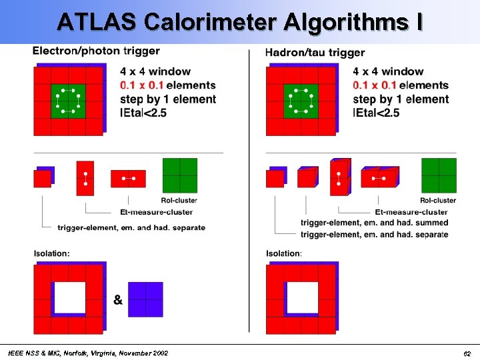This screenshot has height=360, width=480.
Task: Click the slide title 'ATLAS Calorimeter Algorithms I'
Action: [x=239, y=22]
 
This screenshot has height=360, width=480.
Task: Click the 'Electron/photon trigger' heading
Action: [x=96, y=51]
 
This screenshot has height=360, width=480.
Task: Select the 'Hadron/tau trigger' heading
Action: [x=315, y=52]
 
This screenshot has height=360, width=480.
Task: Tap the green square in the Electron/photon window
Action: [x=68, y=101]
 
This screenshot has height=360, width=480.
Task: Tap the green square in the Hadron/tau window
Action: [x=301, y=101]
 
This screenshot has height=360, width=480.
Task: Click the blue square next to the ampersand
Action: [x=146, y=299]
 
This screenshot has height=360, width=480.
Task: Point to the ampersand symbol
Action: [x=118, y=300]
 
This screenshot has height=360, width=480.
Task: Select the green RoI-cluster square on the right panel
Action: [x=439, y=175]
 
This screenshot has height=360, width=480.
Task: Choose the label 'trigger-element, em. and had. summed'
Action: [x=375, y=223]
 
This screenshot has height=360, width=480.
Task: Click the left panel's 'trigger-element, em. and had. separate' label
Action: [x=131, y=228]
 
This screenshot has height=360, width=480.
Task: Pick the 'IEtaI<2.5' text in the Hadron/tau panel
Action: [x=376, y=113]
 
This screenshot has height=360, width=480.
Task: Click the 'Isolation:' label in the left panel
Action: [x=51, y=253]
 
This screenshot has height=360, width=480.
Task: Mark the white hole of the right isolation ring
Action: [x=302, y=298]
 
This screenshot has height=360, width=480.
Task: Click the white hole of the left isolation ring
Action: [x=69, y=298]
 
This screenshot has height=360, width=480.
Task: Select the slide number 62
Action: [x=467, y=353]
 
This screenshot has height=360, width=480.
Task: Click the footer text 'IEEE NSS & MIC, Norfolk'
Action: [x=87, y=353]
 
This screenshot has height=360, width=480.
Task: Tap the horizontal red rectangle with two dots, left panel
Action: [x=128, y=179]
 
